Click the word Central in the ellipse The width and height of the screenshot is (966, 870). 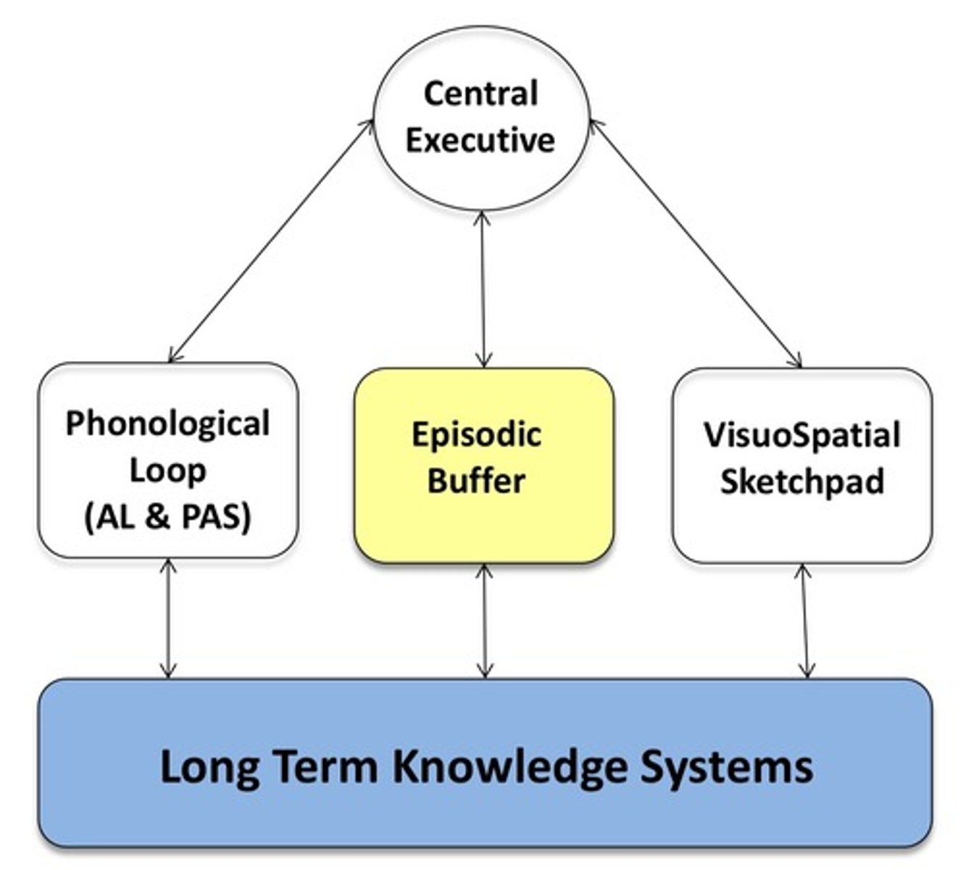pyautogui.click(x=480, y=94)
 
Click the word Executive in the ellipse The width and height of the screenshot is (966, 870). pyautogui.click(x=480, y=139)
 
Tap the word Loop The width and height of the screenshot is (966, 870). pyautogui.click(x=167, y=471)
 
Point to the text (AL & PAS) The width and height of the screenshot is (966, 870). pyautogui.click(x=167, y=517)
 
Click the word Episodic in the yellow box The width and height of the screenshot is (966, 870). pyautogui.click(x=476, y=435)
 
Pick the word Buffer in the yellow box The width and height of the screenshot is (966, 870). pyautogui.click(x=476, y=481)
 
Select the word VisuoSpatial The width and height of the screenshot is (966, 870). pyautogui.click(x=801, y=435)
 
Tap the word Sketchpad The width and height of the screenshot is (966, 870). pyautogui.click(x=801, y=481)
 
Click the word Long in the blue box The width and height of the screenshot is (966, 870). pyautogui.click(x=209, y=766)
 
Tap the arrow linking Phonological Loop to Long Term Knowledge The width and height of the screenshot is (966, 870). pyautogui.click(x=168, y=618)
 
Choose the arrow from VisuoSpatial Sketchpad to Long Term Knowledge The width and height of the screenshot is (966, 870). pyautogui.click(x=804, y=621)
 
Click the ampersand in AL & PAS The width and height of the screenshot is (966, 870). pyautogui.click(x=159, y=517)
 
